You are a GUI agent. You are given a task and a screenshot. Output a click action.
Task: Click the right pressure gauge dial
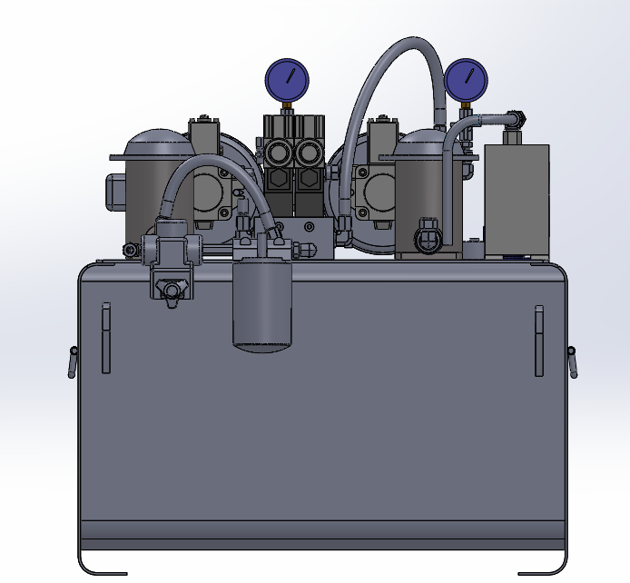(x=466, y=79)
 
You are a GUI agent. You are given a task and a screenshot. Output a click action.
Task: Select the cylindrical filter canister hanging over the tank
(x=263, y=304)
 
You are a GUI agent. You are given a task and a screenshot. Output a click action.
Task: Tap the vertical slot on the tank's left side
(x=106, y=337)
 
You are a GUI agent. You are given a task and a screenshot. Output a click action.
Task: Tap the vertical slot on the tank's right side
(x=538, y=341)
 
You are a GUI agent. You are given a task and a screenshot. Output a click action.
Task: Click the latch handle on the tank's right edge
(x=572, y=360)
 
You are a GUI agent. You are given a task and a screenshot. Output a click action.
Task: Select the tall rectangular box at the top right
(x=516, y=198)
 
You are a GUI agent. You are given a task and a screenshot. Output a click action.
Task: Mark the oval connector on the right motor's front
(x=428, y=240)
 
